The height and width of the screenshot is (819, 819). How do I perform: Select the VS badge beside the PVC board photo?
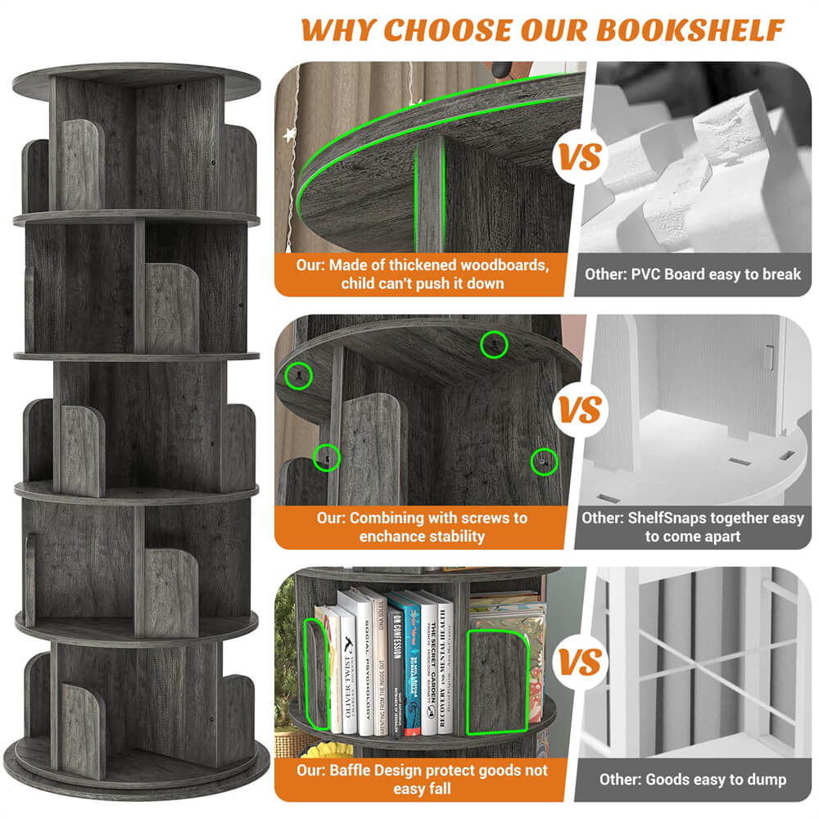point(581,156)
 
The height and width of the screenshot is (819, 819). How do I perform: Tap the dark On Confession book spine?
point(396,663)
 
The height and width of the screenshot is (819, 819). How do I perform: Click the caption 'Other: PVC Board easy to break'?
point(692,274)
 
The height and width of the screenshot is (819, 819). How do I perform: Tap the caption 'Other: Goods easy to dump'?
point(693,779)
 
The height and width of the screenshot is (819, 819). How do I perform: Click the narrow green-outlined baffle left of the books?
point(319,676)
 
